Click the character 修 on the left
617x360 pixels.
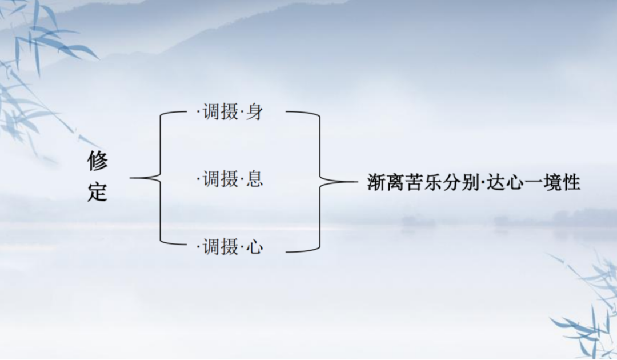[97, 161]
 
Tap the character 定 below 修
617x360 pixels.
[97, 191]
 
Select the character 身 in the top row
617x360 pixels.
[255, 112]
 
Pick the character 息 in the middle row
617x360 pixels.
[255, 179]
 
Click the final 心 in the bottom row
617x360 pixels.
[255, 247]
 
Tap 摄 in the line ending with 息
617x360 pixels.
[230, 179]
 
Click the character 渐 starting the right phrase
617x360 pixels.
[376, 182]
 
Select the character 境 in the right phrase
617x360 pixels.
[552, 182]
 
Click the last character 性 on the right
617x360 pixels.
[571, 182]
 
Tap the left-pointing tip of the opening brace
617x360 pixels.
[130, 178]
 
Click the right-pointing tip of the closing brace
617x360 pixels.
[357, 182]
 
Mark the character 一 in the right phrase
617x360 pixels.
[534, 182]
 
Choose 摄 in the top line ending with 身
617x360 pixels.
[230, 112]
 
